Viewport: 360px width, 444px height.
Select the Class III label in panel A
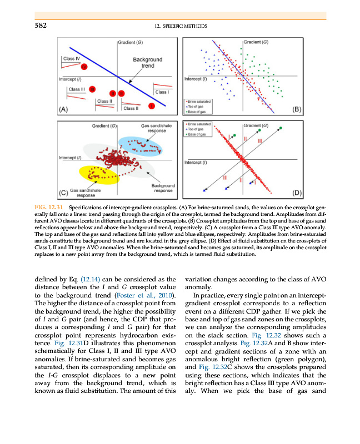[x=76, y=89]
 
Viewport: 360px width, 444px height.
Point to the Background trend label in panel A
[x=147, y=62]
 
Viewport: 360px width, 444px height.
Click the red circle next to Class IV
[x=84, y=67]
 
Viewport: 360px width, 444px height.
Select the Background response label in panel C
[x=163, y=188]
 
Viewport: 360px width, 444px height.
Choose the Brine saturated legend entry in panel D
[x=198, y=124]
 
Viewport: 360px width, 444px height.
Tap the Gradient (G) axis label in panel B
[x=257, y=42]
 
